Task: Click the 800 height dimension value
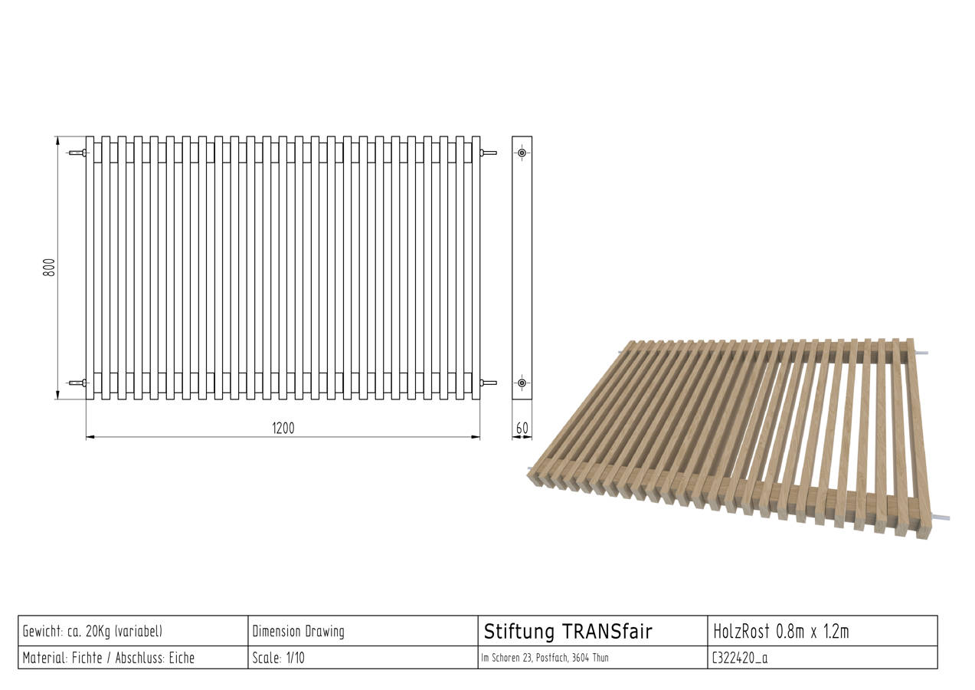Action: coord(49,268)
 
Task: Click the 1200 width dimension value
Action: coord(283,429)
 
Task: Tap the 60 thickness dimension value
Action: coord(522,429)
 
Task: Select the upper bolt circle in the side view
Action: coord(522,153)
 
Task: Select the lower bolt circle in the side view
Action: coord(522,383)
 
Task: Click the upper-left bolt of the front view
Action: coord(78,153)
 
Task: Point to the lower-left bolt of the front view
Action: coord(78,383)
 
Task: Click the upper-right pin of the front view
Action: coord(489,153)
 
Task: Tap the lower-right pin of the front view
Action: coord(489,383)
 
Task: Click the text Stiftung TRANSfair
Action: coord(568,632)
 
